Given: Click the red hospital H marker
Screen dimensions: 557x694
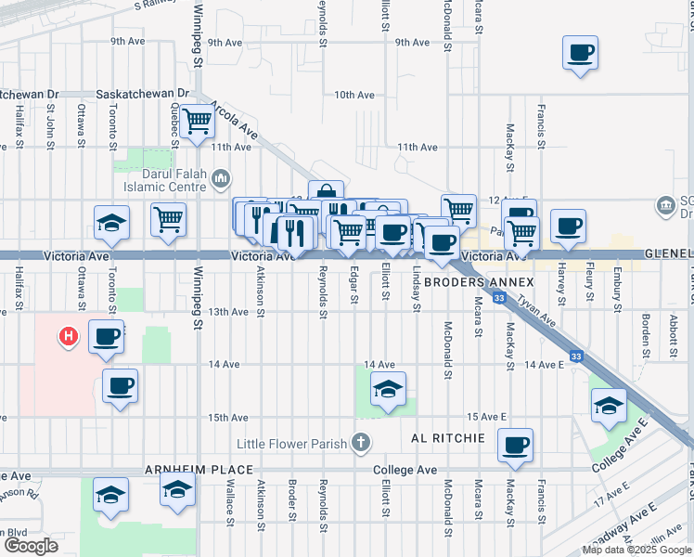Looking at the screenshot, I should click(x=68, y=337).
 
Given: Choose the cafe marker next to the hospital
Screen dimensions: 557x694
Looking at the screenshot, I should click(x=107, y=336).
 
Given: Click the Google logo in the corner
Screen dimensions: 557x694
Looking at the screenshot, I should click(x=31, y=546).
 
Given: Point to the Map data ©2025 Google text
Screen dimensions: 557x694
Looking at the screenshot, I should click(x=636, y=551).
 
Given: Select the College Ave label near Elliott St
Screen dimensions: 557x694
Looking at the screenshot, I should click(x=405, y=471).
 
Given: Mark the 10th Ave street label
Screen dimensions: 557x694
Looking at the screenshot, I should click(x=353, y=95).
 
